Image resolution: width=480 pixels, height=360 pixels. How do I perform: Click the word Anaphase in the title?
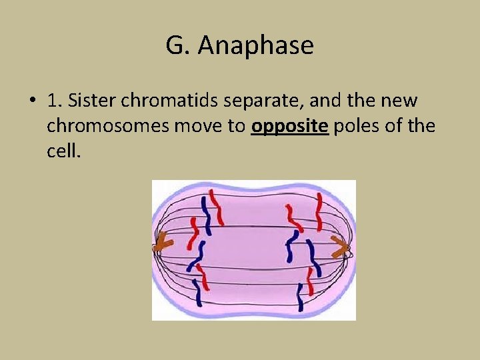click(x=256, y=46)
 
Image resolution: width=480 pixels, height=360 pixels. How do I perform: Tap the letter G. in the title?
click(x=177, y=46)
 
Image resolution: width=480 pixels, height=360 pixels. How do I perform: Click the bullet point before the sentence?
click(x=32, y=101)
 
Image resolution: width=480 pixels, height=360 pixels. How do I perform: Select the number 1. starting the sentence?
click(x=55, y=101)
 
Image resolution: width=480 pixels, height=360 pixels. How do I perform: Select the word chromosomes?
click(x=102, y=126)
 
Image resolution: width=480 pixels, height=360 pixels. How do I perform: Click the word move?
click(x=191, y=126)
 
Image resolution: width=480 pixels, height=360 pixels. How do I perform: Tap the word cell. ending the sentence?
click(x=63, y=151)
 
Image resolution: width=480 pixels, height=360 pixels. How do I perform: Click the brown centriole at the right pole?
click(x=341, y=249)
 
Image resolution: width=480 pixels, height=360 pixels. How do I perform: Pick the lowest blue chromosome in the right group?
click(x=302, y=297)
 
